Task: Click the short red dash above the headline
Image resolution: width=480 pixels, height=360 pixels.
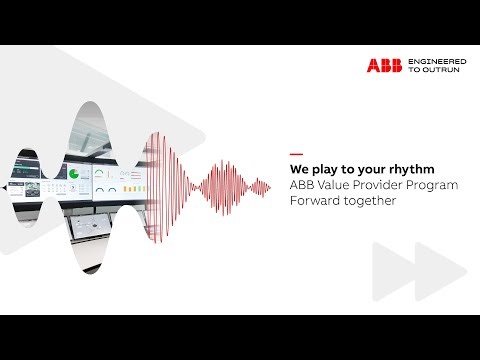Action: tap(295, 153)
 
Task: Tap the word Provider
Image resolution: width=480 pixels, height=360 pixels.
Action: tap(376, 185)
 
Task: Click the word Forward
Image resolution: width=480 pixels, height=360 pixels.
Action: tap(314, 201)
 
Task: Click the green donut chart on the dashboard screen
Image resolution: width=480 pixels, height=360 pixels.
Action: tap(73, 174)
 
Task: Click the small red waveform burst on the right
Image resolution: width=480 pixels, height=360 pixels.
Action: tap(255, 186)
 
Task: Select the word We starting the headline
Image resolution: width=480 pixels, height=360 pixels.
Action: tap(298, 169)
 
